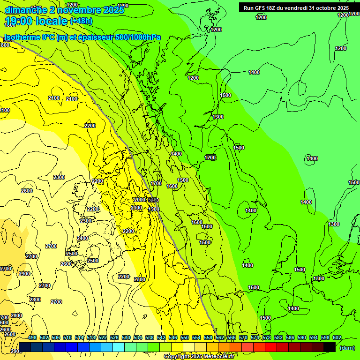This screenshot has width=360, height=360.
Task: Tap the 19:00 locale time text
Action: point(36,21)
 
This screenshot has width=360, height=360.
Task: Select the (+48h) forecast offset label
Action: point(81,21)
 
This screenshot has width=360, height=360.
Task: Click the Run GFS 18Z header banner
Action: point(296,8)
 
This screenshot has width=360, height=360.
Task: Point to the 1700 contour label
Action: point(156,183)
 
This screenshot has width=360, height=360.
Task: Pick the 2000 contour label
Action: point(140,200)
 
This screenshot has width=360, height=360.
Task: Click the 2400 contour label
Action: point(82,239)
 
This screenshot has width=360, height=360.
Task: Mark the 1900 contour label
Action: point(154,209)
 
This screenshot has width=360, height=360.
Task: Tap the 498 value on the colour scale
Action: point(32,337)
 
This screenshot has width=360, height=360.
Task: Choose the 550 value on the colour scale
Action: point(185,337)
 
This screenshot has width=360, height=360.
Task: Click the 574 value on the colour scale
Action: point(255,337)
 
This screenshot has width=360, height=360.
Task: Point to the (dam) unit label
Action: point(347,348)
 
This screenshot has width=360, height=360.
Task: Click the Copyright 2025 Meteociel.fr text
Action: point(199,356)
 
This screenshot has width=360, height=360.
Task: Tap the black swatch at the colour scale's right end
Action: point(330,347)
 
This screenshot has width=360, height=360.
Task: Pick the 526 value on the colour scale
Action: point(114,337)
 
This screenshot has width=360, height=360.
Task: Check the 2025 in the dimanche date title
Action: point(114,10)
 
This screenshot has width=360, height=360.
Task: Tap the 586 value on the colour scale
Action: point(290,337)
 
